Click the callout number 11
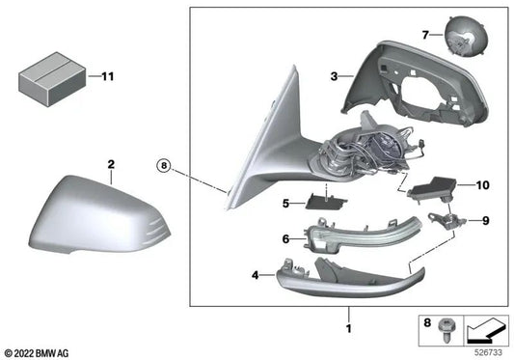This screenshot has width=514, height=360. coord(107,74)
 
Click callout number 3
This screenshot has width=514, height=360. coord(334,74)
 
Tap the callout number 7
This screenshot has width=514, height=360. coord(425,35)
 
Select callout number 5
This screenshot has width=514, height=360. coord(285,204)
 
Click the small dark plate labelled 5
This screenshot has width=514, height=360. coord(323,201)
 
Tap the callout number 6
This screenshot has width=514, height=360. coord(285,238)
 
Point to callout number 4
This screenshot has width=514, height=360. coord(255,276)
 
